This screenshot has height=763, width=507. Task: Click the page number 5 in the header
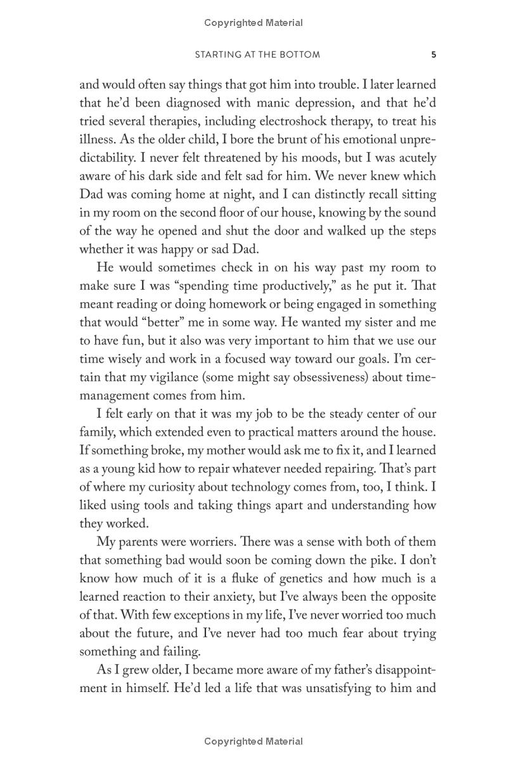pyautogui.click(x=433, y=54)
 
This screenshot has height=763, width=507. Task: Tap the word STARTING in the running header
pyautogui.click(x=216, y=54)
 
